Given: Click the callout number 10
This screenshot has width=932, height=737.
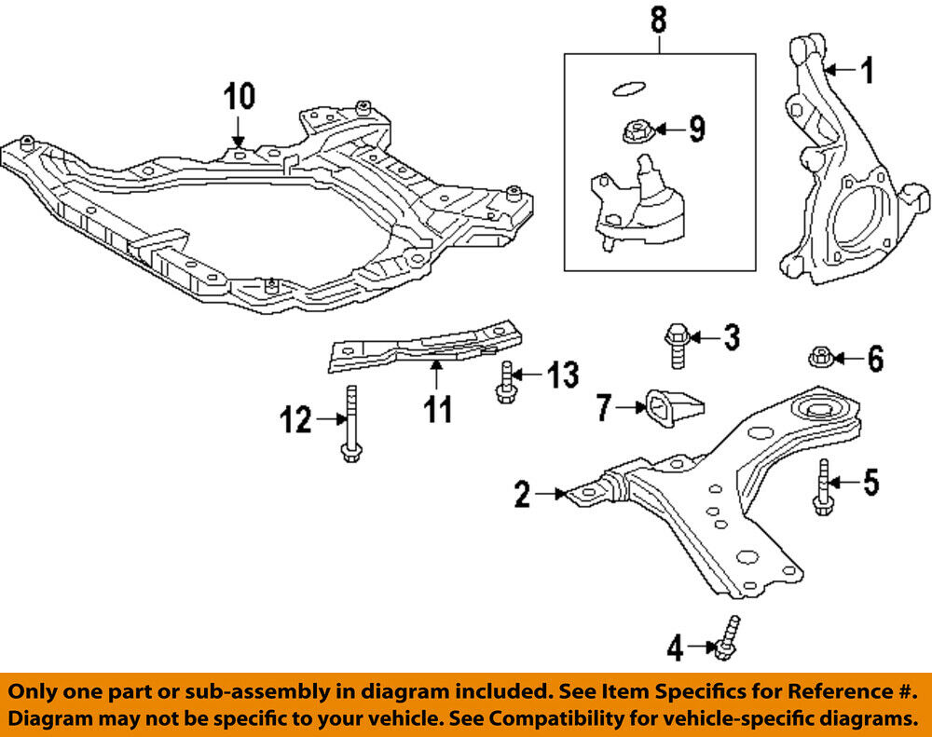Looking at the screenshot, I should tap(238, 96).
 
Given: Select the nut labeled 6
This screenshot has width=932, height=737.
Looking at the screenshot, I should tap(822, 357).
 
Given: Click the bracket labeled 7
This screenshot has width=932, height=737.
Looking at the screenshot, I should tap(670, 408).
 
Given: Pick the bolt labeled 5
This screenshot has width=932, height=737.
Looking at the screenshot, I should tap(821, 486).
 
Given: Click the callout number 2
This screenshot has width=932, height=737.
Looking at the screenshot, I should tap(522, 495).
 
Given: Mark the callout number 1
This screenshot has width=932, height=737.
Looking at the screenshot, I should tap(868, 70).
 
